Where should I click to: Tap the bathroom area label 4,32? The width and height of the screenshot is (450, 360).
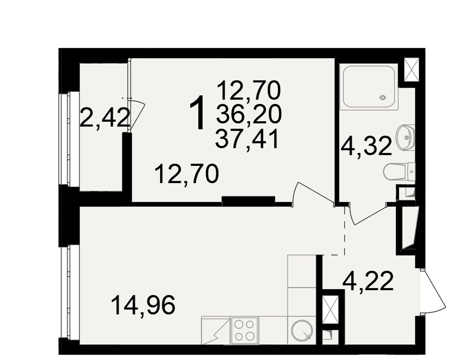tap(366, 146)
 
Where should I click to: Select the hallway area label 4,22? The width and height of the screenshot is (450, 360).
tap(368, 281)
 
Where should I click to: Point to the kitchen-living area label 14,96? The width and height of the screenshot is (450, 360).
tap(143, 306)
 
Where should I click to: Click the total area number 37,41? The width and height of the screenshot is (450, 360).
tap(247, 139)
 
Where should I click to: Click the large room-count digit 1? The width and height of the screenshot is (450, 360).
tap(198, 112)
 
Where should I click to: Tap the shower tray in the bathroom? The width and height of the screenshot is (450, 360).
tap(369, 87)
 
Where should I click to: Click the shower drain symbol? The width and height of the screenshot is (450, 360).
tap(383, 98)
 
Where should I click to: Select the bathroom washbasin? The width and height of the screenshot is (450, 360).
tap(405, 137)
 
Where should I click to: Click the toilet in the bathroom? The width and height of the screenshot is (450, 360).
tap(399, 172)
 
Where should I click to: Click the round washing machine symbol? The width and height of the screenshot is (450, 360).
tap(301, 330)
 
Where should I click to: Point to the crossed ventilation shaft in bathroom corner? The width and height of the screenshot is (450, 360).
tap(411, 69)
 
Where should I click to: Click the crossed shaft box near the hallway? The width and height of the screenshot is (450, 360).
tap(329, 310)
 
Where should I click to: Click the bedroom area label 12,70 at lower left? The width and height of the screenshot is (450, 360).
tap(187, 174)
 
